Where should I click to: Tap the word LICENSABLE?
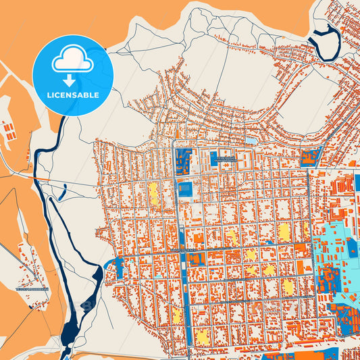pyautogui.click(x=72, y=95)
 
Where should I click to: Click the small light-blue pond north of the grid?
pyautogui.click(x=251, y=140)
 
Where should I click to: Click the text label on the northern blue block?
pyautogui.click(x=223, y=157)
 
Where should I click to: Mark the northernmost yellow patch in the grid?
pyautogui.click(x=153, y=192)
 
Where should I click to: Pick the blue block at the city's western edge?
pyautogui.click(x=119, y=267)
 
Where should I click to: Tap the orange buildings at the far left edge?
pyautogui.click(x=9, y=129)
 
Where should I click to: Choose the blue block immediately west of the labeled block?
pyautogui.click(x=183, y=163)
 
